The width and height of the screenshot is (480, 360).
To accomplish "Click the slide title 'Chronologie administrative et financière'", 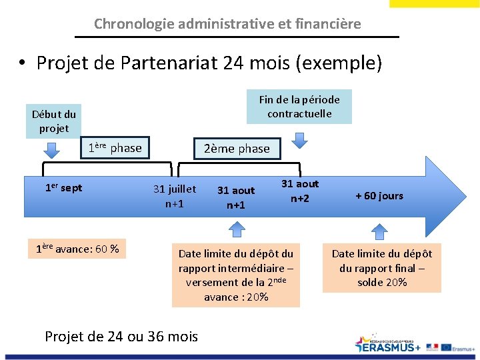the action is (227, 24).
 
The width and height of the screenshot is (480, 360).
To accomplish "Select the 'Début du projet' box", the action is (54, 121).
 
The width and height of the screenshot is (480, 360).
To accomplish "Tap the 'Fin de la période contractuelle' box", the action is (299, 107).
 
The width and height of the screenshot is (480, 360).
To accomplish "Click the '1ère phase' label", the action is (115, 148).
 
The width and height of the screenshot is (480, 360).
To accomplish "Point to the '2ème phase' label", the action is (237, 149).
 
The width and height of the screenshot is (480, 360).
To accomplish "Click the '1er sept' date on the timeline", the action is (63, 188).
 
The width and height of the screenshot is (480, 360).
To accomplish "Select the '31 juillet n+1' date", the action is (175, 196).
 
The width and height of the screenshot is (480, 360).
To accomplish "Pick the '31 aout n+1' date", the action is (236, 197).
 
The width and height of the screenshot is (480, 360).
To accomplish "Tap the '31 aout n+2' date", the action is (300, 191).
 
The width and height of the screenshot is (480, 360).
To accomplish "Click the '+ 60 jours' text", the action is (379, 195).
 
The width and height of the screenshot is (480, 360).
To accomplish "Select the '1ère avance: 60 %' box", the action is (78, 249).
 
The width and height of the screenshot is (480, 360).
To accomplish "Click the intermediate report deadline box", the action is (236, 275).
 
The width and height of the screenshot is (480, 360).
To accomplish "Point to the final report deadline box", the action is (382, 267).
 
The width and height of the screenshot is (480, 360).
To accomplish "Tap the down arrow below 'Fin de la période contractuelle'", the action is (300, 139).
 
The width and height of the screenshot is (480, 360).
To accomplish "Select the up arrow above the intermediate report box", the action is (236, 230).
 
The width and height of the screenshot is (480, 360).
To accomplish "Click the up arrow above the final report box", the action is (379, 231).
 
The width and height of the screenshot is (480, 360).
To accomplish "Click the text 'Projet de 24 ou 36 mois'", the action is (121, 336).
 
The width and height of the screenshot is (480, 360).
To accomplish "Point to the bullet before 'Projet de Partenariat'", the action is (23, 63).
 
